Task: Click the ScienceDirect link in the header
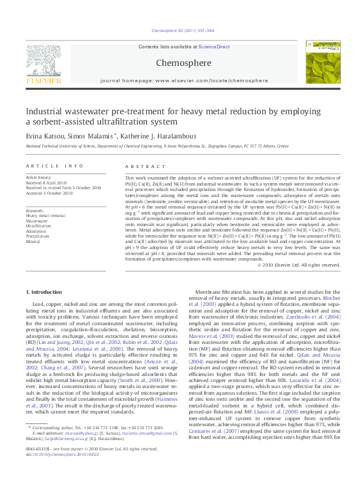click(x=214, y=47)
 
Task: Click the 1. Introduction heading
click(x=46, y=293)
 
